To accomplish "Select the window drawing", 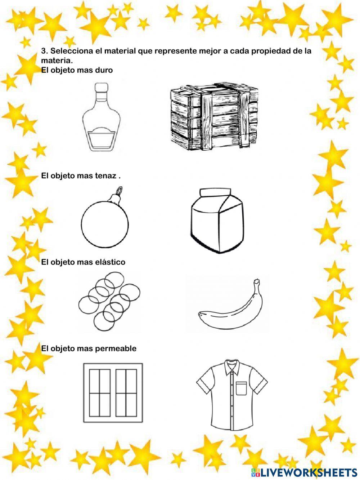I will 113,392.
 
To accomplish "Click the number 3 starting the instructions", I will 44,51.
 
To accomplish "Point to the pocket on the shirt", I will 242,389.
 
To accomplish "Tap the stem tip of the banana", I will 256,281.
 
